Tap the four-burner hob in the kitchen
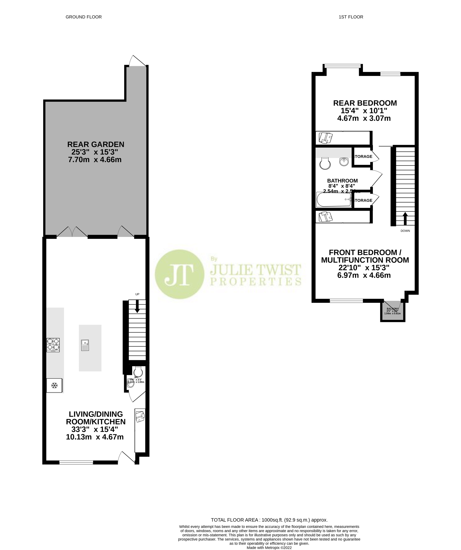click(x=53, y=345)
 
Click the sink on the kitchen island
click(x=85, y=345)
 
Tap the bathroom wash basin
click(x=344, y=162)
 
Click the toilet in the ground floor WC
click(x=138, y=372)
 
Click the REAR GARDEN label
click(x=96, y=144)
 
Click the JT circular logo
click(x=179, y=274)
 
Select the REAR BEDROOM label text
click(x=365, y=103)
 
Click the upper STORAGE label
click(x=363, y=157)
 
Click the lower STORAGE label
click(x=363, y=200)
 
